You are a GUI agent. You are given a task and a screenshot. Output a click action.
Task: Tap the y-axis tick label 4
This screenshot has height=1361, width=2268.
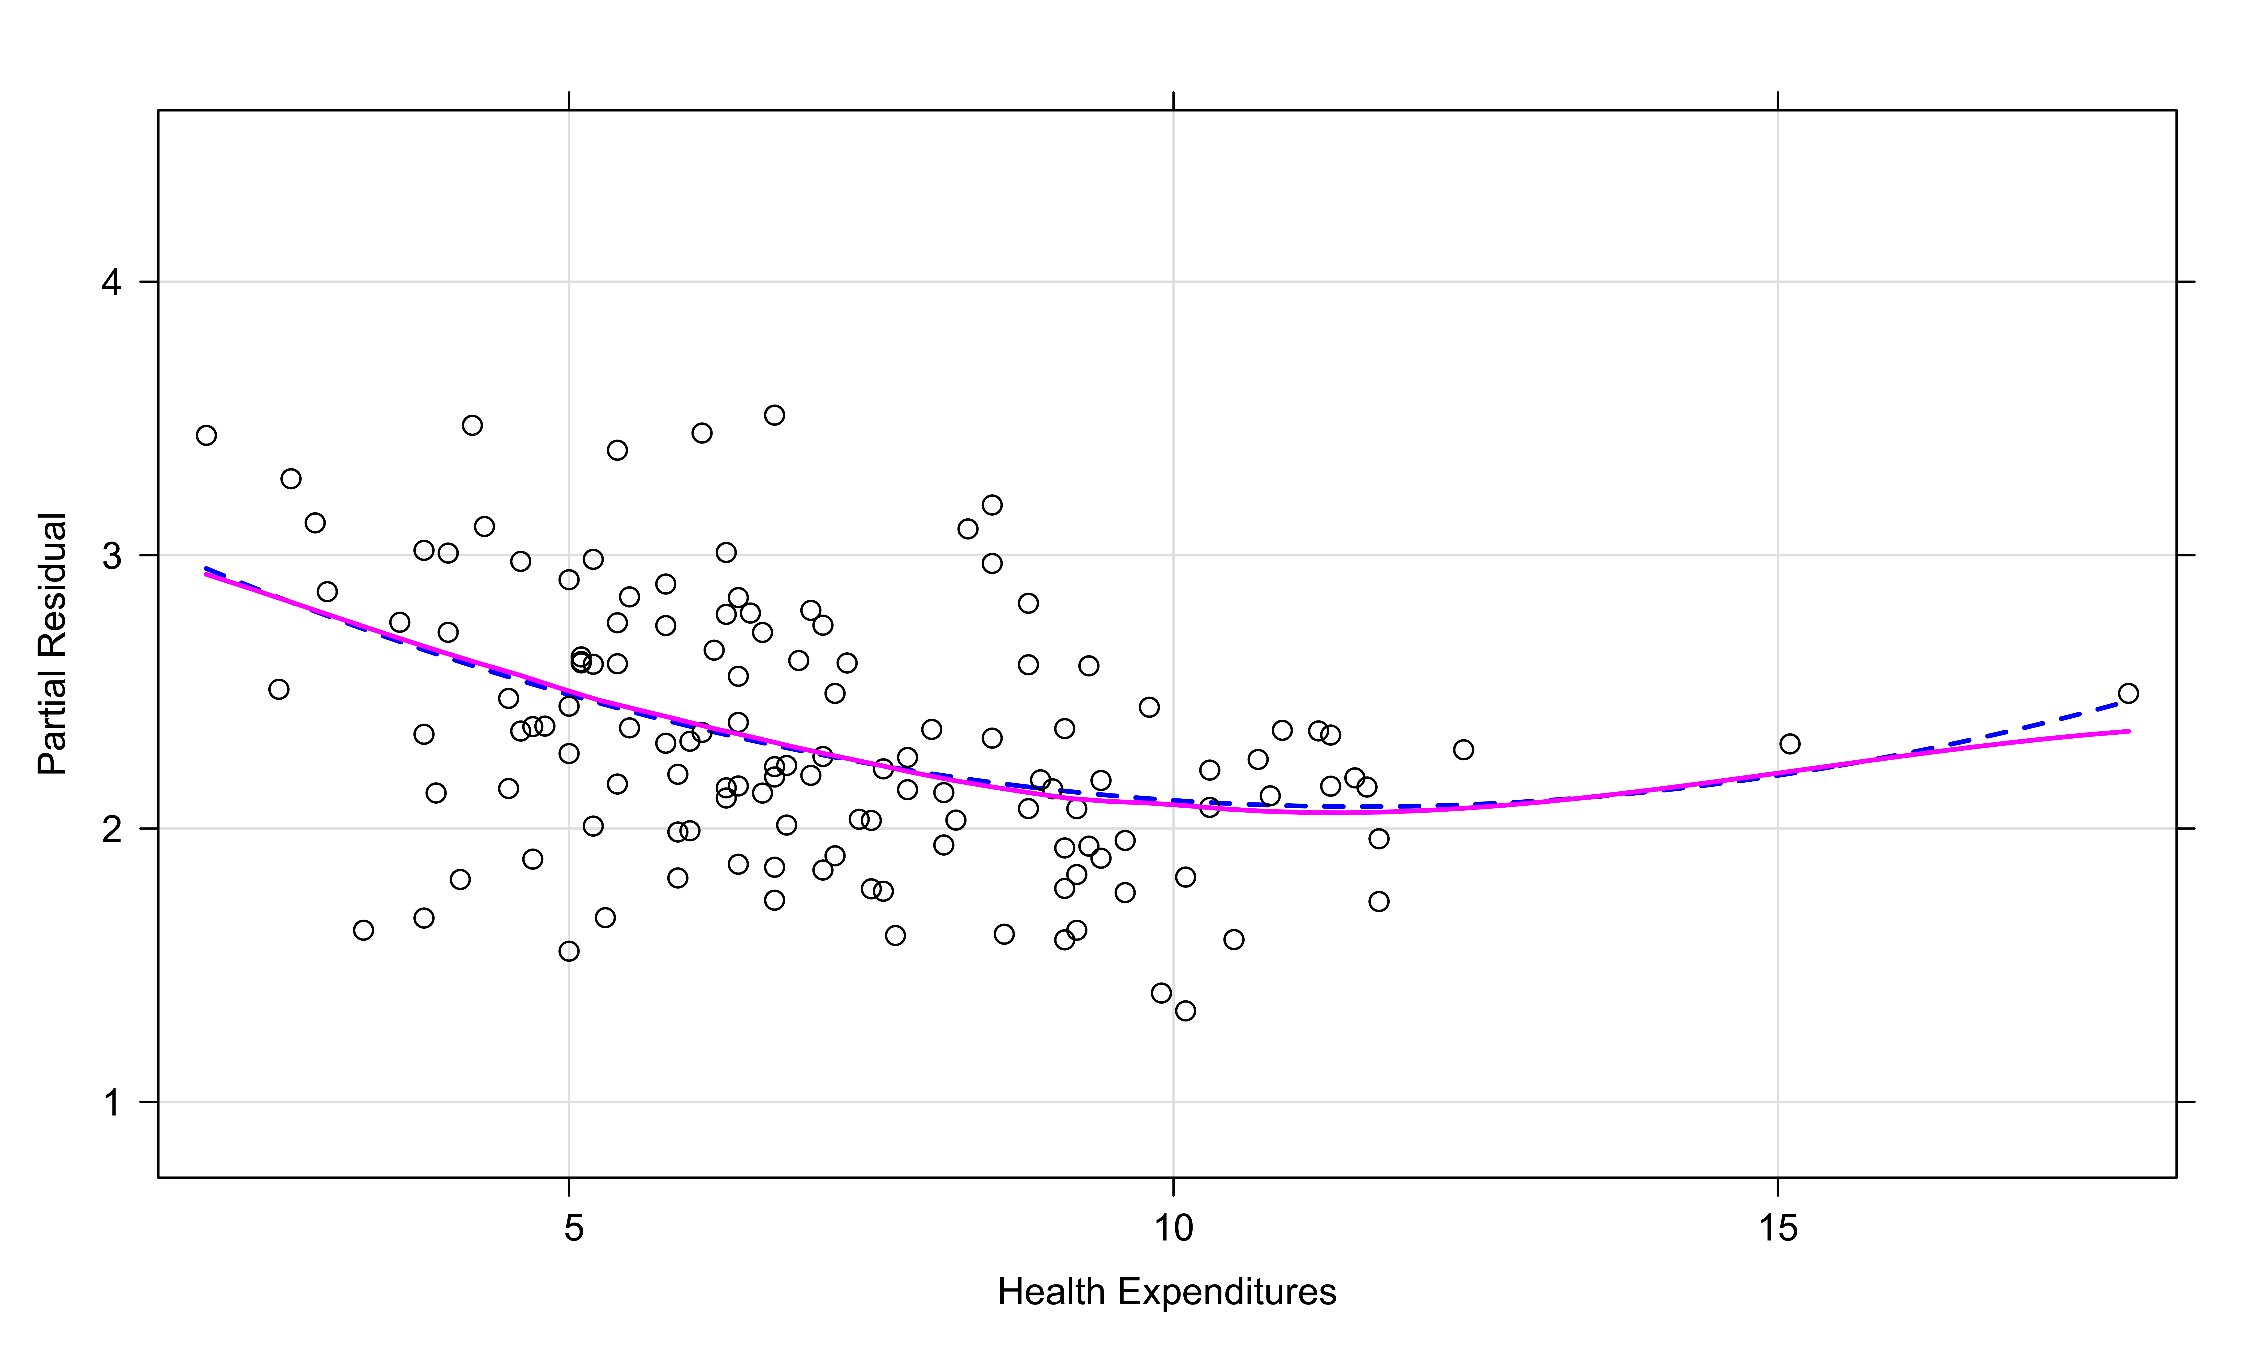112,282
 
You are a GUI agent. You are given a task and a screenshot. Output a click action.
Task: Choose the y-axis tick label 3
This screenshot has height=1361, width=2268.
112,556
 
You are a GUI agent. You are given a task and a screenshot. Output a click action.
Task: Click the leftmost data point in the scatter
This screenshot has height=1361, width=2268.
206,435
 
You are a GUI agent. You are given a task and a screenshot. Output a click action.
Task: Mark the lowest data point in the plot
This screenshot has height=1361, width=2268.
1185,1011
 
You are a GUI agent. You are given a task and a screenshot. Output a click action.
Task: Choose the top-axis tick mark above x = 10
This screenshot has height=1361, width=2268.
1173,101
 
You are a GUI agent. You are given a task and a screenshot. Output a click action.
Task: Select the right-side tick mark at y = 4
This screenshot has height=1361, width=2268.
2186,282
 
